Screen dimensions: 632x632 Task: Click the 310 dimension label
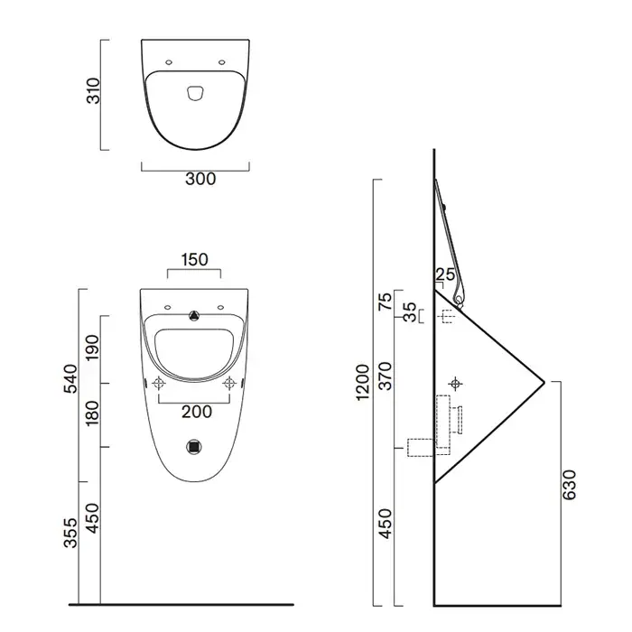tap(94, 90)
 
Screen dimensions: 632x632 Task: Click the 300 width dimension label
tap(200, 179)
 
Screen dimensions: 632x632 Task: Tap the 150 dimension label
tap(194, 260)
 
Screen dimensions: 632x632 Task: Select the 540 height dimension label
tap(70, 378)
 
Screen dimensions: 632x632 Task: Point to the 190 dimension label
tap(92, 347)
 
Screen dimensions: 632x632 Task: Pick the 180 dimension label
tap(92, 413)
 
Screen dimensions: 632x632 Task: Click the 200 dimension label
tap(197, 412)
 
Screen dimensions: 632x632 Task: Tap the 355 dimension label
tap(70, 533)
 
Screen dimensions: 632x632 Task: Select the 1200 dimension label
tap(363, 382)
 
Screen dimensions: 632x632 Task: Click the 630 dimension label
tap(570, 485)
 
